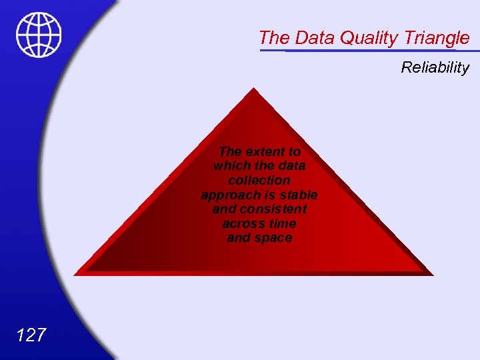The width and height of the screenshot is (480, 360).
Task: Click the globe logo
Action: tap(39, 35)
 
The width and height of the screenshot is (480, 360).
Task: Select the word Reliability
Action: tap(435, 67)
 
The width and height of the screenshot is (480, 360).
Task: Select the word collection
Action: tap(259, 180)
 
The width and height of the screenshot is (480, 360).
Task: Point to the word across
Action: tap(242, 223)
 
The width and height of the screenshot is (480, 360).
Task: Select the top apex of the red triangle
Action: tap(254, 89)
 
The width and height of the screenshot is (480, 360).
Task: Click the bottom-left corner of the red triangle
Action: tap(75, 274)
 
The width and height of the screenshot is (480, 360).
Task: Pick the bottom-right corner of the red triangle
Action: tap(433, 274)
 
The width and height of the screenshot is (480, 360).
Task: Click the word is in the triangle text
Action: tap(272, 195)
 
